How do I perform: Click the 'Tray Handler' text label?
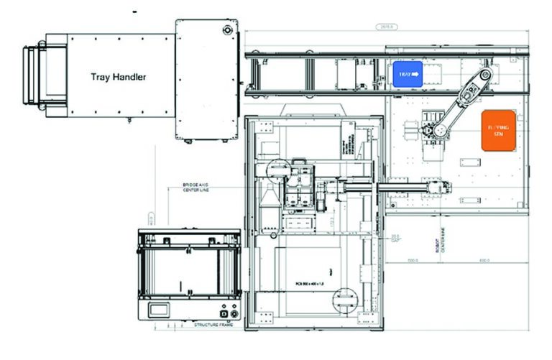tap(118, 76)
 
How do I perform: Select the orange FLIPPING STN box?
tap(497, 130)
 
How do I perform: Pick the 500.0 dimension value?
tap(413, 260)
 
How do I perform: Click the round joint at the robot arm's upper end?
tap(487, 74)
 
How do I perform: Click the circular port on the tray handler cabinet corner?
tap(227, 30)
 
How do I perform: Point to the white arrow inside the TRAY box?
tap(415, 73)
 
